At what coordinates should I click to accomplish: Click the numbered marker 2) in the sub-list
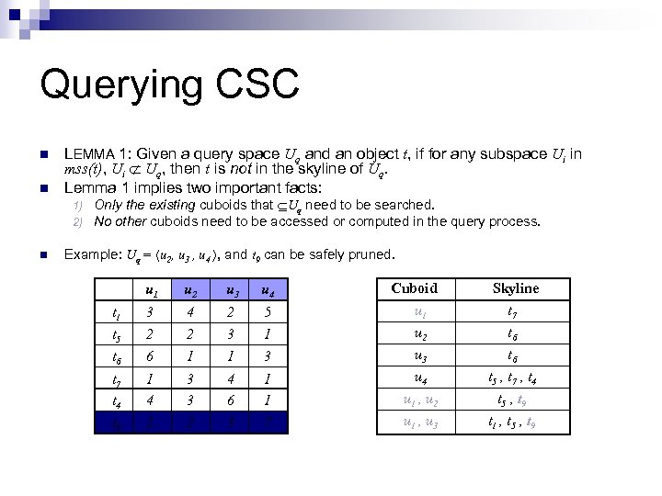(x=78, y=221)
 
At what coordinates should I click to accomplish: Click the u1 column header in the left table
(x=150, y=291)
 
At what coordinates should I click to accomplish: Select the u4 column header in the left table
(x=266, y=291)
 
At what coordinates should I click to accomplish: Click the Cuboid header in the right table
(x=415, y=288)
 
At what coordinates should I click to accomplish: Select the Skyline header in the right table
(x=516, y=288)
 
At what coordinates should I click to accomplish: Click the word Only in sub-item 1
(x=108, y=205)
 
